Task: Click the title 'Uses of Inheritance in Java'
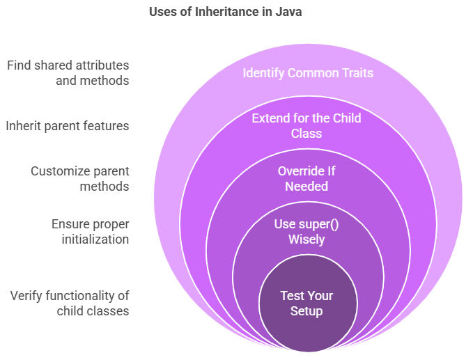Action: pyautogui.click(x=225, y=12)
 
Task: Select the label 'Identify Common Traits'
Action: pyautogui.click(x=308, y=73)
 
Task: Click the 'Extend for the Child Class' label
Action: pyautogui.click(x=307, y=126)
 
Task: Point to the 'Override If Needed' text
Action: pyautogui.click(x=307, y=179)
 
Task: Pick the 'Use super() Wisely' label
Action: pyautogui.click(x=307, y=232)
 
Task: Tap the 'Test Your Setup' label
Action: pyautogui.click(x=307, y=304)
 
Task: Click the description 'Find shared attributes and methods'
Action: pyautogui.click(x=68, y=73)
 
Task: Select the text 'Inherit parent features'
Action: pyautogui.click(x=68, y=126)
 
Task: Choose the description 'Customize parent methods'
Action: pyautogui.click(x=80, y=179)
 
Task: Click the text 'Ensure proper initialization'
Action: pyautogui.click(x=90, y=232)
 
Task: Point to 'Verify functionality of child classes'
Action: pyautogui.click(x=70, y=304)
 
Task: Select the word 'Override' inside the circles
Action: pyautogui.click(x=296, y=171)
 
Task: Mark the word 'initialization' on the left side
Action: pyautogui.click(x=95, y=239)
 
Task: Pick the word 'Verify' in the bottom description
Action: pyautogui.click(x=26, y=296)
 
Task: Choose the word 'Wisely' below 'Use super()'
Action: pyautogui.click(x=307, y=239)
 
